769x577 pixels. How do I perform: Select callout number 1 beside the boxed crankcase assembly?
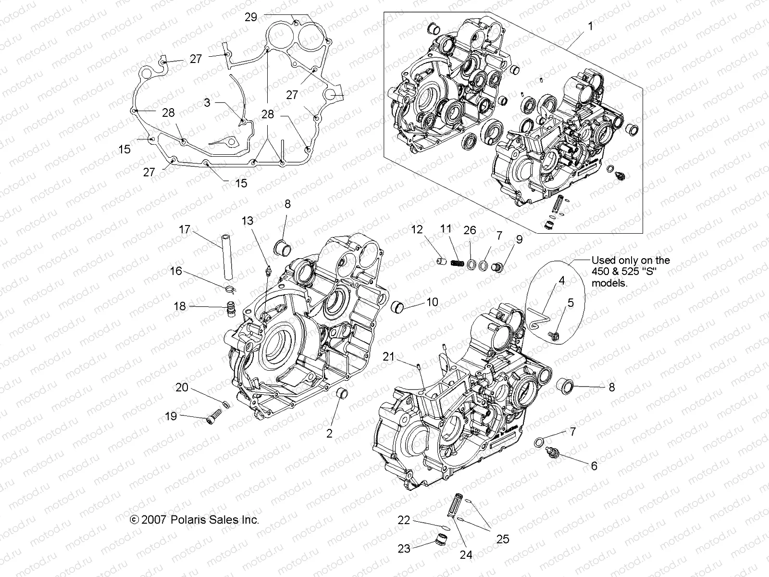tap(591, 26)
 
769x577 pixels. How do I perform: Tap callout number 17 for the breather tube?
tap(185, 229)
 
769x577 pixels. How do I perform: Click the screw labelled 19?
tap(211, 419)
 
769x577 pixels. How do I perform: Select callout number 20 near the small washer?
tap(182, 387)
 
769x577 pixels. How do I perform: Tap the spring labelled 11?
tap(457, 263)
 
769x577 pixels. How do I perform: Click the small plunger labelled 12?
tap(442, 261)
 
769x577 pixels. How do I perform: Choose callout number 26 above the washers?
tap(470, 230)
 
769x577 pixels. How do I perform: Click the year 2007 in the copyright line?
tap(155, 520)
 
